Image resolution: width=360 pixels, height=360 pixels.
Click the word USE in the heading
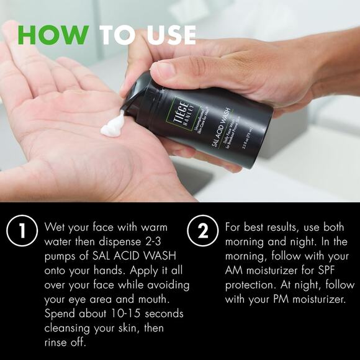[x=166, y=35]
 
